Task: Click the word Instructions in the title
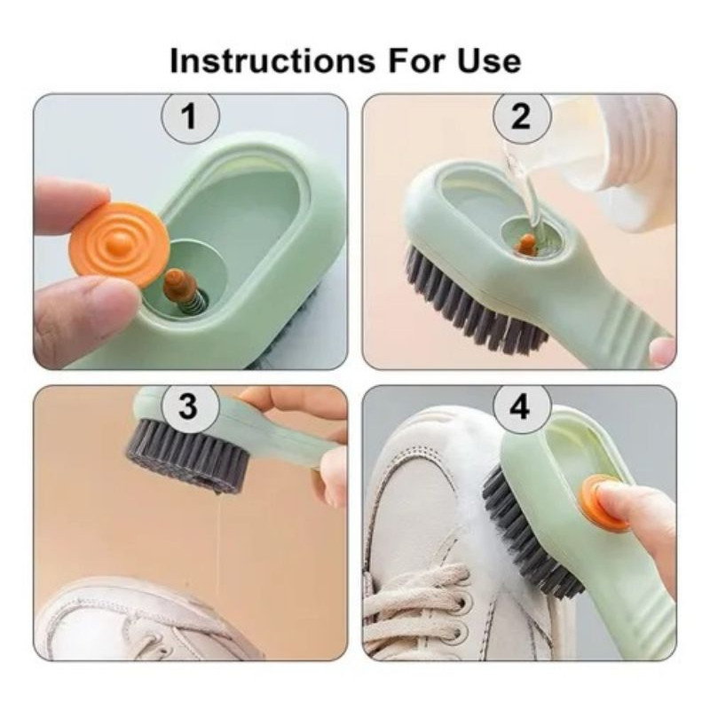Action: (272, 60)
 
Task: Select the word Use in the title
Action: (489, 60)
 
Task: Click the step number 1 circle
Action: (191, 116)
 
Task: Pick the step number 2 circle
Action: (522, 116)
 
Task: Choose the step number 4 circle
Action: (521, 406)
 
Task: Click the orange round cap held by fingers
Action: (120, 246)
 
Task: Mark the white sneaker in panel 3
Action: (136, 620)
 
